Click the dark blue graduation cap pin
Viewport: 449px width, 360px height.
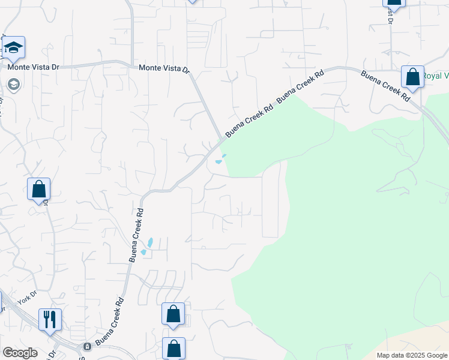coord(13,47)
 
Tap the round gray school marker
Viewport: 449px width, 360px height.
coord(13,84)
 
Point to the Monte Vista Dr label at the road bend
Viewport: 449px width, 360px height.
coord(164,69)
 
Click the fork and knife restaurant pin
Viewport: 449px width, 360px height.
coord(50,319)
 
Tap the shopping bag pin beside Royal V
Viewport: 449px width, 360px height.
coord(412,77)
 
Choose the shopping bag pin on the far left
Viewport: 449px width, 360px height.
coord(38,189)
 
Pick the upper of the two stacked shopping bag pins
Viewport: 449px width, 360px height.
coord(173,314)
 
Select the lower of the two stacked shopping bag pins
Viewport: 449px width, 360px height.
coord(173,349)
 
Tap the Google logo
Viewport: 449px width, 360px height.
coord(20,353)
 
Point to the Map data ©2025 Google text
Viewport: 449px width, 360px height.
coord(412,355)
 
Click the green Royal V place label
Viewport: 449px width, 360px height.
coord(436,76)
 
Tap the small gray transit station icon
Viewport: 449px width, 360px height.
coord(87,346)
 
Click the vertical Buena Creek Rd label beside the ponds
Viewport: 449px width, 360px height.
coord(136,235)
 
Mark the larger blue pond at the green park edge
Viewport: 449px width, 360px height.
coord(218,162)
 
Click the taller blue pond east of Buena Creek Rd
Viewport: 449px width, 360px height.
coord(150,242)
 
